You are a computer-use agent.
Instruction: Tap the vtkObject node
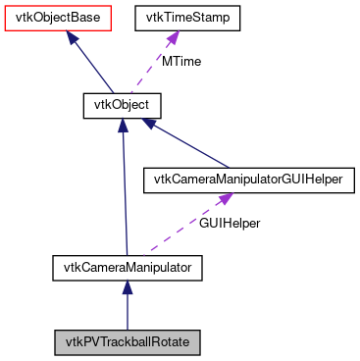(121, 103)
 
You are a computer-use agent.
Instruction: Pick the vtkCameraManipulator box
(127, 266)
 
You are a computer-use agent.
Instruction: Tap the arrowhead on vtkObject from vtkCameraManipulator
(122, 125)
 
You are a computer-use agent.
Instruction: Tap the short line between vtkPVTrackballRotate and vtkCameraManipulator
(127, 312)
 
